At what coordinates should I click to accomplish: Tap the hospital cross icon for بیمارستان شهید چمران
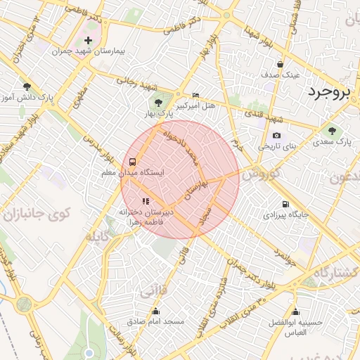tap(88, 39)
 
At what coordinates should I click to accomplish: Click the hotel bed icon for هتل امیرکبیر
tap(195, 95)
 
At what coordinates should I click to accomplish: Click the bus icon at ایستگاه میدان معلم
tap(133, 160)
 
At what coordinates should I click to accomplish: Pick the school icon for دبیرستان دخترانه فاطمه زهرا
tap(146, 201)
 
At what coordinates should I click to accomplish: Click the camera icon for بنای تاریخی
tap(276, 136)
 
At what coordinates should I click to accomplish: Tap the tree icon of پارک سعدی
tap(331, 130)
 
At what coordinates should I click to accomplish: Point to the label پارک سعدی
tap(334, 142)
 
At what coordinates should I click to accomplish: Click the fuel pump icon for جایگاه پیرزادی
tap(285, 205)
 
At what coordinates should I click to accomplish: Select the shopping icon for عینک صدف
tap(281, 63)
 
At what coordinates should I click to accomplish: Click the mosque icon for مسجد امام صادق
tap(155, 311)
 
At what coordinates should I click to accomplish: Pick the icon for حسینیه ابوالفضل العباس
tap(295, 311)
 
